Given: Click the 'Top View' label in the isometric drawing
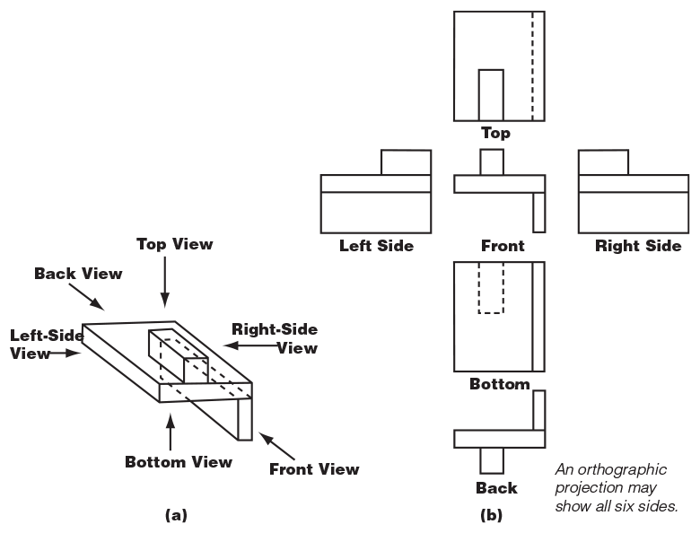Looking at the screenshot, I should point(175,243).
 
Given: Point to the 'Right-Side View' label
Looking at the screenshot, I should point(274,338).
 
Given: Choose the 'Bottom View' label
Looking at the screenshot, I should point(178,462).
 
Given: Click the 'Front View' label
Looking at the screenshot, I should point(314,468).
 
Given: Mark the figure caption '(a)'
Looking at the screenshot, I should point(176,515).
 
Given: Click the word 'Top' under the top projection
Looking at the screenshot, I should point(495,133).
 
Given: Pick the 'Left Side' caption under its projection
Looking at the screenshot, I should point(376,245).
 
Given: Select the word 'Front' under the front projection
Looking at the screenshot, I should point(502,245).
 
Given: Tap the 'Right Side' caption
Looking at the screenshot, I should point(638,245).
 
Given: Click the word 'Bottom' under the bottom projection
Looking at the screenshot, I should point(499,384).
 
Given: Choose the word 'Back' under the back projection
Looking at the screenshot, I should point(496,487).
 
